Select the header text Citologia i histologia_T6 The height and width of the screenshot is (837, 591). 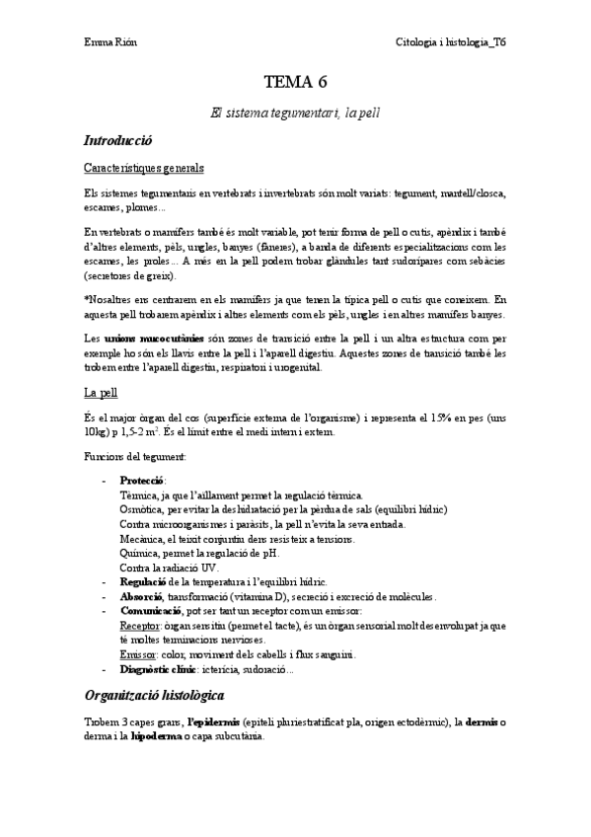451,42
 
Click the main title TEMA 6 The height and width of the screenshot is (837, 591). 295,83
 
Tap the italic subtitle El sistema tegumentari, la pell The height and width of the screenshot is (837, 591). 295,114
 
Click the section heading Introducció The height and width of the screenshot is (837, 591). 117,141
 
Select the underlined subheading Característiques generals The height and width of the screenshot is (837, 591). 144,168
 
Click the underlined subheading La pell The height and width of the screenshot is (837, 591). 101,392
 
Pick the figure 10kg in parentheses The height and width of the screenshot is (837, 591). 98,431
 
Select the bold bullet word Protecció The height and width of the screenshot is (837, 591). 142,480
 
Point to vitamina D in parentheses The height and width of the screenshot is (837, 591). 255,597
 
